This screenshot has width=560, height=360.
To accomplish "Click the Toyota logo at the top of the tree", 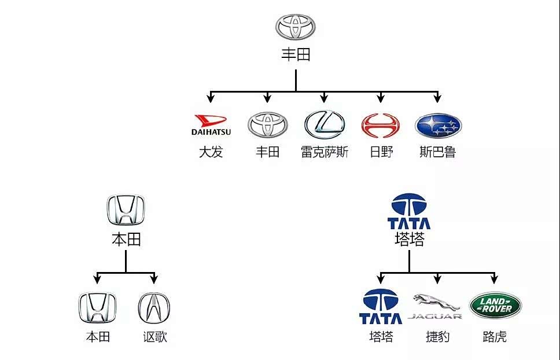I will point(296,27).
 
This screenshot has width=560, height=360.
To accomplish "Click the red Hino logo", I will point(381,126).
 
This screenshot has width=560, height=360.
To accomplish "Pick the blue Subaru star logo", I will point(438,126).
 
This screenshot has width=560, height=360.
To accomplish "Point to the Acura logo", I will point(154,308).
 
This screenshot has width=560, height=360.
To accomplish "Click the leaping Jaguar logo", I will point(436,304).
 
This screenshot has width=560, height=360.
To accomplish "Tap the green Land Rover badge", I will point(495,305).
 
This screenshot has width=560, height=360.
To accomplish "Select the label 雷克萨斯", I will point(325,152).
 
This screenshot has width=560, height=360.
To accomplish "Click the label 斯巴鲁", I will point(438,152).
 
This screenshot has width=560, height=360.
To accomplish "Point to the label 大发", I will point(211,152).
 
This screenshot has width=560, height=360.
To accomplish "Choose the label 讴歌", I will point(155,336).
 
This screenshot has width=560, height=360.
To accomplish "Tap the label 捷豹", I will point(437,336).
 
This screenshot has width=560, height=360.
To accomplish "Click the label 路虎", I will point(495,336).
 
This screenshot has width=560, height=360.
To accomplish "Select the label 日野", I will point(381,152).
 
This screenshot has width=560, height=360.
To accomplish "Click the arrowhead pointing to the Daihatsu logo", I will point(211,98).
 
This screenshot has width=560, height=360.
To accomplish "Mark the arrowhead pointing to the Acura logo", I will point(154,279).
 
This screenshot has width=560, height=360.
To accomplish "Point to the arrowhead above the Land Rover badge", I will point(495,279).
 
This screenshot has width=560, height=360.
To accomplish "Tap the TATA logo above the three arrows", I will point(409,211).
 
